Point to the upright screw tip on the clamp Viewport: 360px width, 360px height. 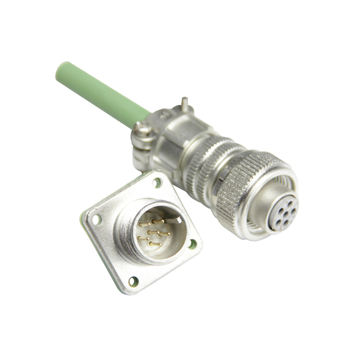pyautogui.click(x=183, y=103)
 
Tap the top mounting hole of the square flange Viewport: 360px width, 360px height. pyautogui.click(x=157, y=182)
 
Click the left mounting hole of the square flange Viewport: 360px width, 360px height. pyautogui.click(x=96, y=219)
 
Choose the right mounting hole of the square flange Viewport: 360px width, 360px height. pyautogui.click(x=192, y=244)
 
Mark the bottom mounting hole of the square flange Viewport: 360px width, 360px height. pyautogui.click(x=133, y=281)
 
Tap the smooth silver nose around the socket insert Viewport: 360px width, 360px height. pyautogui.click(x=264, y=225)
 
